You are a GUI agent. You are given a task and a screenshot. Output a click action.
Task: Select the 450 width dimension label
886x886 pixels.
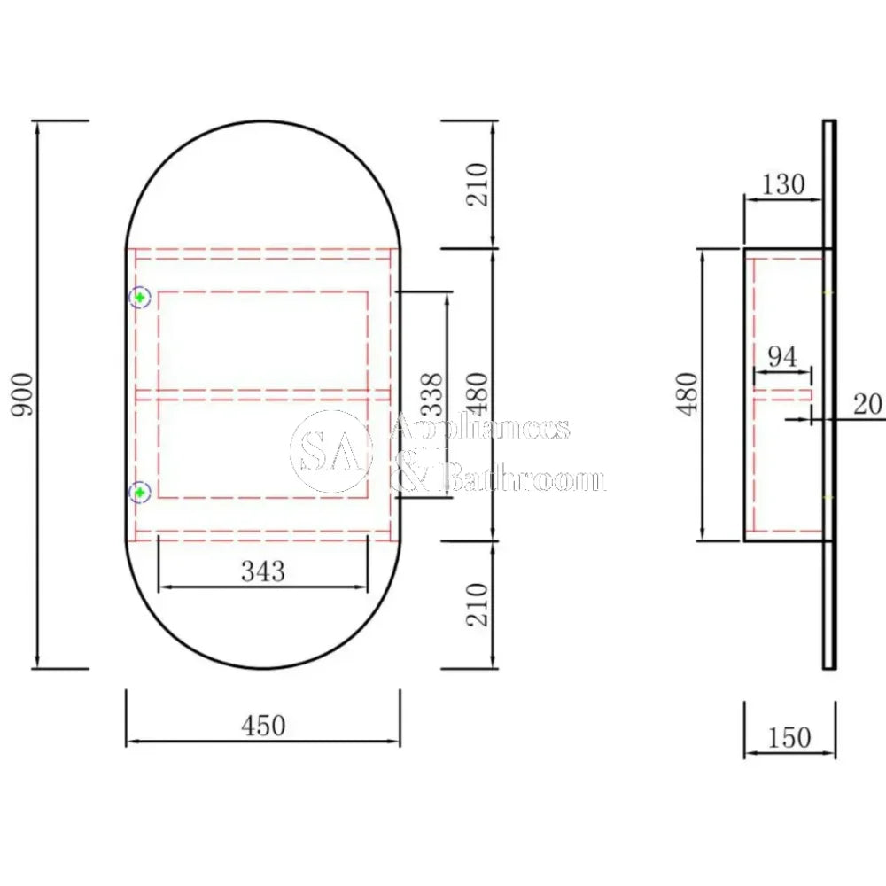[x=263, y=726]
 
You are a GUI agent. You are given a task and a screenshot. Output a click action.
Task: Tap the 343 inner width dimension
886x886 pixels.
[x=263, y=572]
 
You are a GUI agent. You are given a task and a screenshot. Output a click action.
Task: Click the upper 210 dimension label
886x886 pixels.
[x=478, y=184]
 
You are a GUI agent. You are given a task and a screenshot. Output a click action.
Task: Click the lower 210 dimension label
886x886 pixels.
[x=478, y=604]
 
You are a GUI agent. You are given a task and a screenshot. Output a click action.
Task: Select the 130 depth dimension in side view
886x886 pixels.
[x=783, y=184]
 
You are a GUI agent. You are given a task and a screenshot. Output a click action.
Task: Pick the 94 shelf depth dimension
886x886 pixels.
[x=781, y=357]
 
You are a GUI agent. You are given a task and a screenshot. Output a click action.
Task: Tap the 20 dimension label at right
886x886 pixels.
[x=867, y=404]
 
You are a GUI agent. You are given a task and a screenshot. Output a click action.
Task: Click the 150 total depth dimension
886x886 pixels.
[x=789, y=737]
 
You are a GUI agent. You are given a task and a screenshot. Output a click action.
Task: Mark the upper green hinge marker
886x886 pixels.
[x=140, y=298]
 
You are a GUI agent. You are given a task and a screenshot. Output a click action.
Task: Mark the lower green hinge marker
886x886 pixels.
[x=140, y=493]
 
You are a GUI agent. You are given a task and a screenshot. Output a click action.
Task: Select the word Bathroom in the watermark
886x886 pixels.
[x=523, y=480]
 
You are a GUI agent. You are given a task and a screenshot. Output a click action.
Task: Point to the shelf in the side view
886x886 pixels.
[x=782, y=393]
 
